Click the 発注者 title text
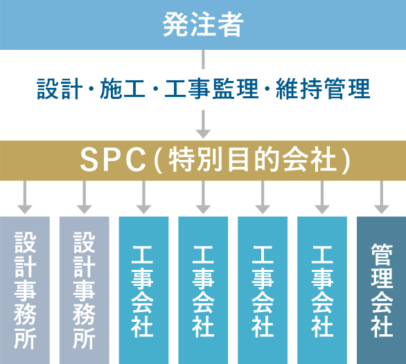(x=203, y=25)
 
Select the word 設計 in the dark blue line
(x=60, y=89)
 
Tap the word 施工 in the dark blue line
(x=122, y=89)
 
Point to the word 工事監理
(x=211, y=89)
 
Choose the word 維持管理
(x=323, y=89)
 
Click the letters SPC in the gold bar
(x=113, y=160)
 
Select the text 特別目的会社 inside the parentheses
(x=252, y=161)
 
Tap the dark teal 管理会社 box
(x=381, y=290)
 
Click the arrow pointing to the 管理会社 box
(x=381, y=197)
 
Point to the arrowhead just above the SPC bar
(x=203, y=134)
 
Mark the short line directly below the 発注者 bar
(x=203, y=60)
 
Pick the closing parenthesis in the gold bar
(x=346, y=161)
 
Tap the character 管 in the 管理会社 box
(x=382, y=255)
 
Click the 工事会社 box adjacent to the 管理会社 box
(x=322, y=290)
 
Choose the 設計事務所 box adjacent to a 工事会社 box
(x=84, y=290)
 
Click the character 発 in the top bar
(x=176, y=25)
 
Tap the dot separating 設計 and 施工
(x=91, y=89)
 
